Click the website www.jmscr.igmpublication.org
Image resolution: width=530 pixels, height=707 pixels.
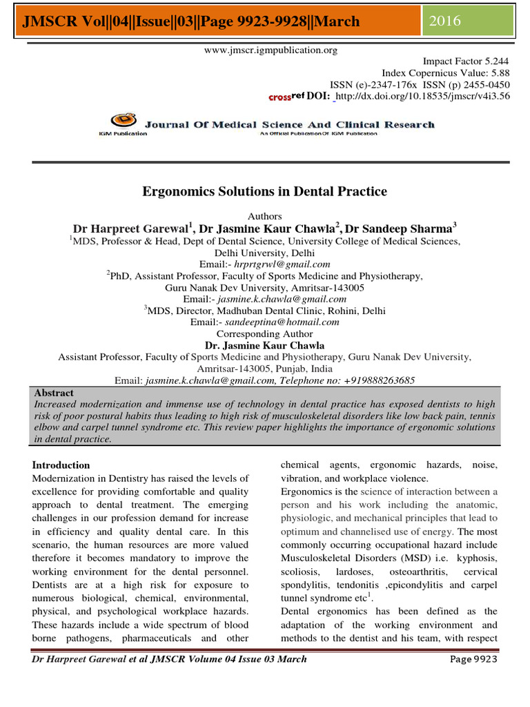(x=264, y=50)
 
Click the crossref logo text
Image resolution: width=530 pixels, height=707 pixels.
(x=286, y=97)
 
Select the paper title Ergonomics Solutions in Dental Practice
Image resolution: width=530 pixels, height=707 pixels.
(x=264, y=191)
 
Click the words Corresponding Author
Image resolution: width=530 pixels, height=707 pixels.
(x=264, y=333)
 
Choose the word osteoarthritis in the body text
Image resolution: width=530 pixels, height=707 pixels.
(x=414, y=572)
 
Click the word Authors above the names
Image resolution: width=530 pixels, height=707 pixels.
(x=264, y=216)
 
